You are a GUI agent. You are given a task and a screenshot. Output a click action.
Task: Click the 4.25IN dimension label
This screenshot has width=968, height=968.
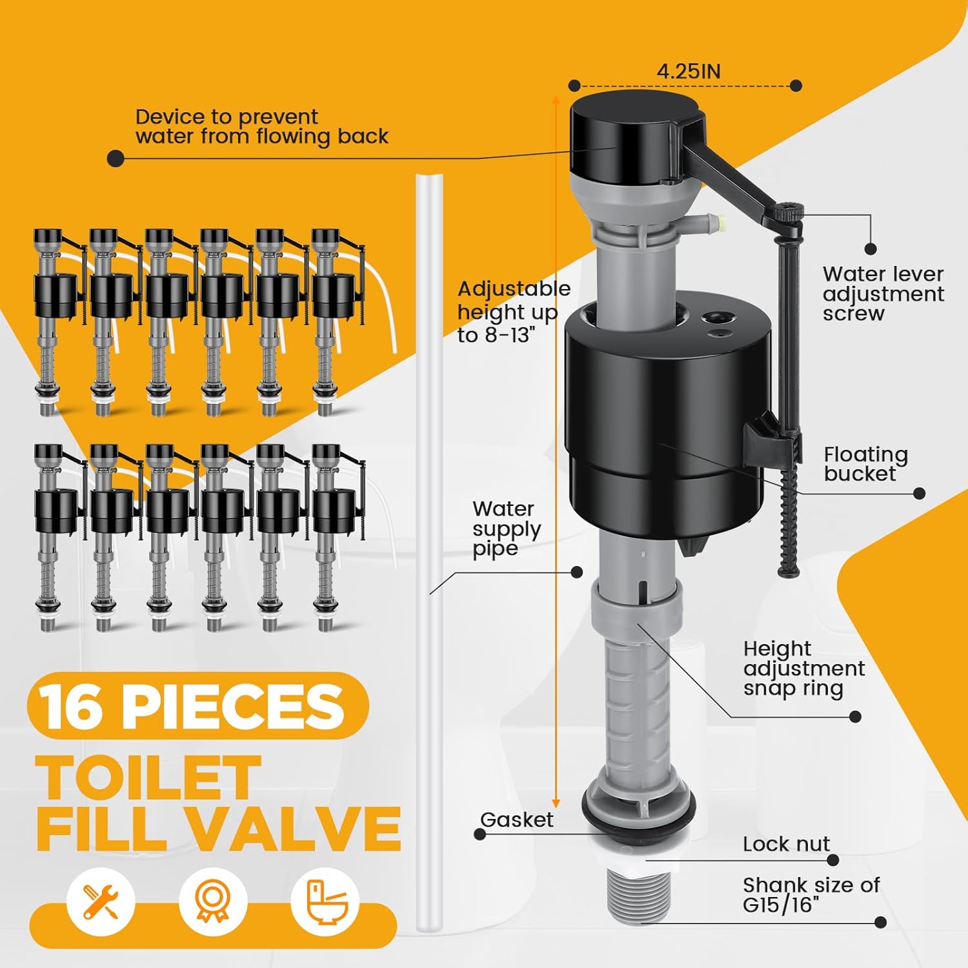[x=688, y=71]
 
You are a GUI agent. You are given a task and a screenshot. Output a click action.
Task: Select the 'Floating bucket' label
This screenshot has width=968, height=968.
[x=865, y=464]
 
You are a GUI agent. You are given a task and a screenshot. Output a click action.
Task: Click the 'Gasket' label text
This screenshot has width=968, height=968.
[x=516, y=820]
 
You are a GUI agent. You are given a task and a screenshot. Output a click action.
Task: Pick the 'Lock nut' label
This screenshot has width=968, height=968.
[x=785, y=843]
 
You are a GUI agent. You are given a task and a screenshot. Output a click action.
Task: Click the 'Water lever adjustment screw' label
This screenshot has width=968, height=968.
[x=882, y=294]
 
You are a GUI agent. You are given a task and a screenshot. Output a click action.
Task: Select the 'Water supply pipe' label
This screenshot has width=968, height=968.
[x=506, y=529]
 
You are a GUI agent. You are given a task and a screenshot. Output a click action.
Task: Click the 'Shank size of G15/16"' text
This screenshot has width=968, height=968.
[x=811, y=894]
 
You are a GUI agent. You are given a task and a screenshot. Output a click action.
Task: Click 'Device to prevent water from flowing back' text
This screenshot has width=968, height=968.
[x=261, y=126]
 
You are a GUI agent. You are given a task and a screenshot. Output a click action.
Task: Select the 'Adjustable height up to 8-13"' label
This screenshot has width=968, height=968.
[x=513, y=312]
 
